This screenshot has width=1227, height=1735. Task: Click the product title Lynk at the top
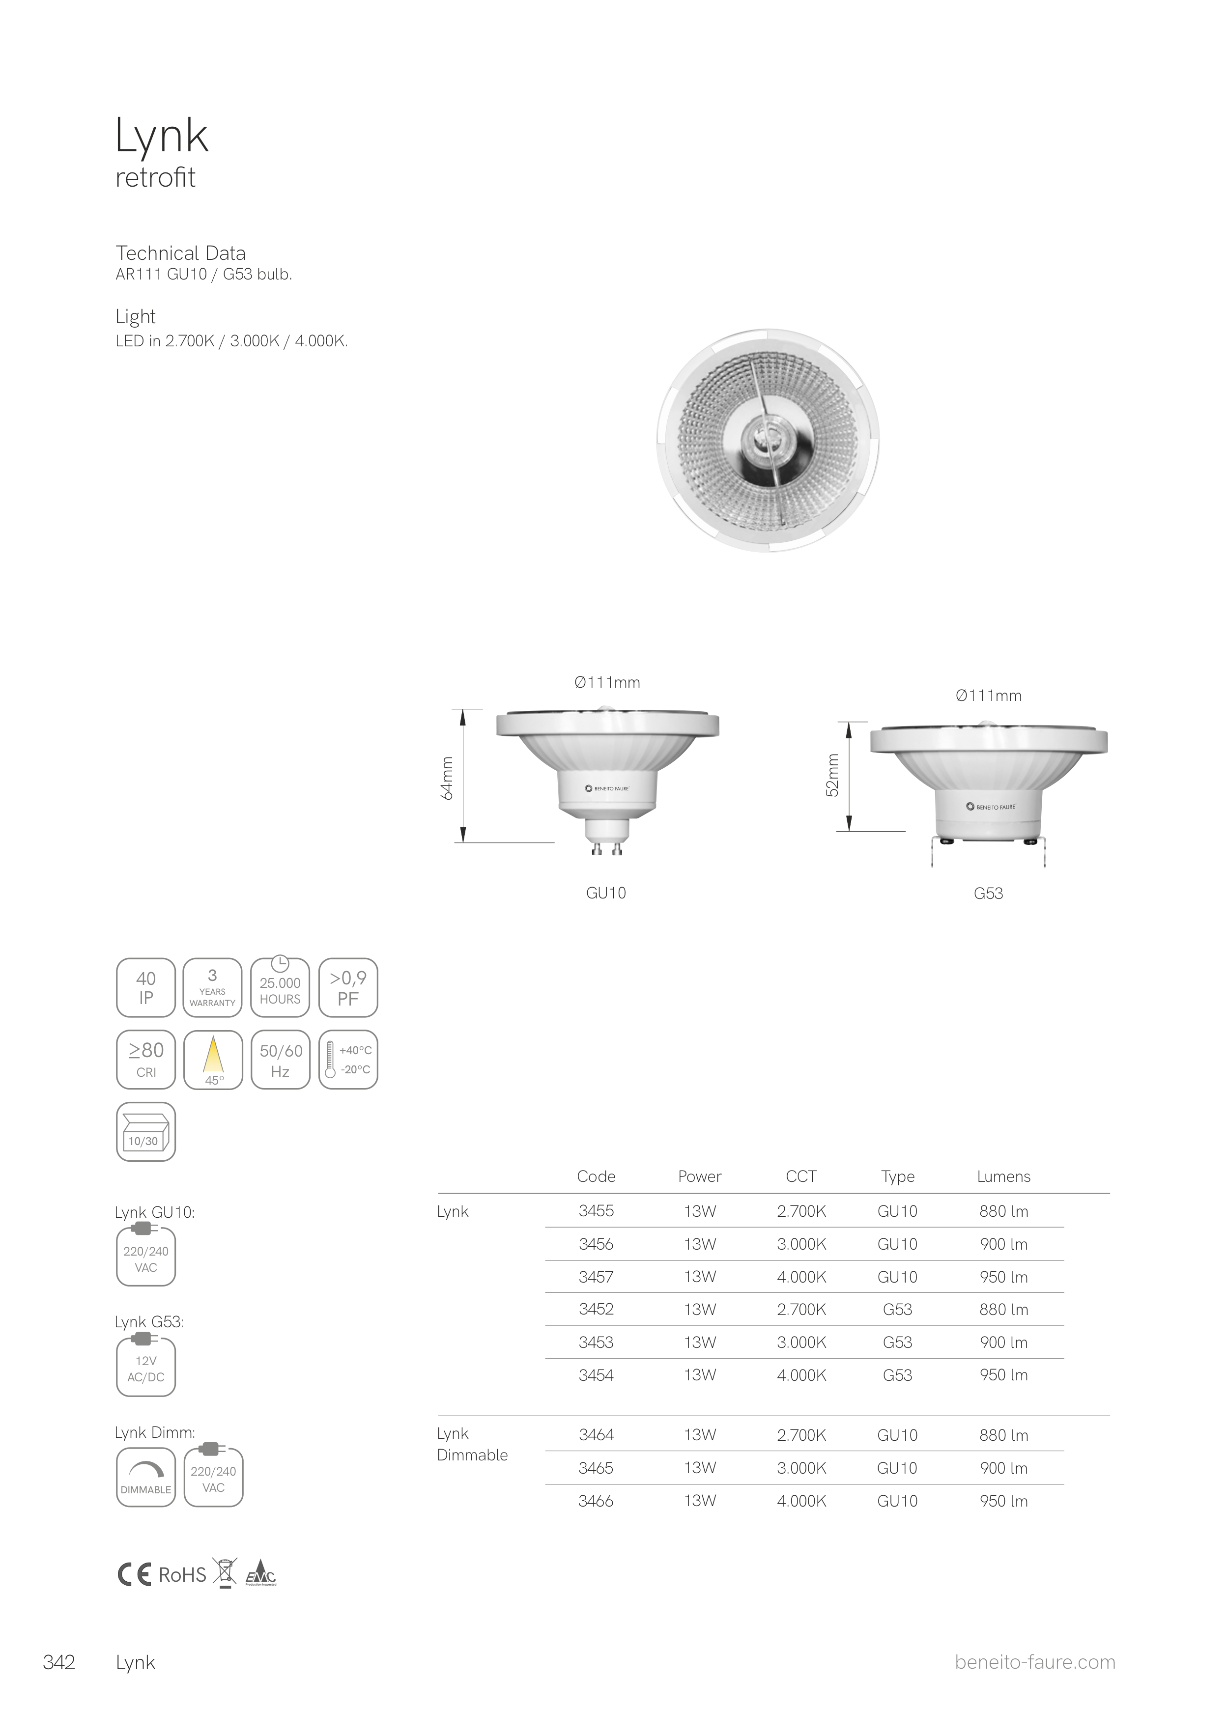coord(162,137)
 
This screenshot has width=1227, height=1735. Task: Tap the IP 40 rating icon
coord(146,988)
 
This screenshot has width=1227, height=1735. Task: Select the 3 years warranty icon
coord(212,988)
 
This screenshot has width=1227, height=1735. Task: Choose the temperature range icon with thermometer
coord(348,1060)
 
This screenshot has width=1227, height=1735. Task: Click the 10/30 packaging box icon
coord(146,1131)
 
